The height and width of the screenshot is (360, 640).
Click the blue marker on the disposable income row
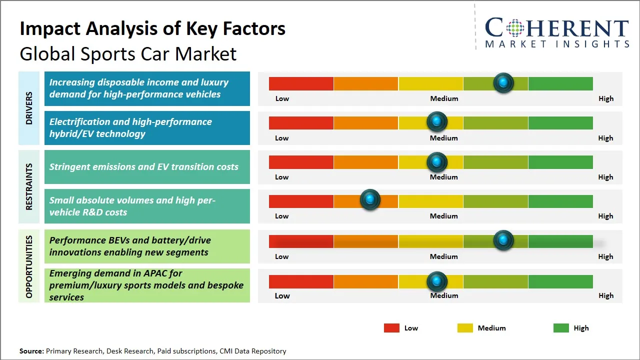coord(503,82)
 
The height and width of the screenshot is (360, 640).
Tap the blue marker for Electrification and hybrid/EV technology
coord(437,122)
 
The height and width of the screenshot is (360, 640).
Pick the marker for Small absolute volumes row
coord(370,200)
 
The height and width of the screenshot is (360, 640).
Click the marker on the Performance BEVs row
coord(503,240)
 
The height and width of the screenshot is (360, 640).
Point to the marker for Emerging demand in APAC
coord(437,281)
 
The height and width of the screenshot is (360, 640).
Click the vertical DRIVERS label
coord(29,108)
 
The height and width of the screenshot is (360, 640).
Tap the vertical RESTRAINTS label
coord(29,186)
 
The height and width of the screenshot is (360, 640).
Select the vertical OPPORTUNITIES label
coord(29,266)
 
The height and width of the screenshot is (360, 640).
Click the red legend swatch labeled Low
coord(391,328)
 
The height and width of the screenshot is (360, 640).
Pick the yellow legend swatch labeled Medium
coord(465,328)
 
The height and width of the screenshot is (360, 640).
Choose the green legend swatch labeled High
coord(561,328)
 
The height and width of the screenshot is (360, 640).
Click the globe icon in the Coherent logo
coord(515,28)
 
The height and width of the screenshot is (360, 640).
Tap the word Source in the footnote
coord(31,351)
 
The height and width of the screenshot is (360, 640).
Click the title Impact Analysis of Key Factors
coord(152,29)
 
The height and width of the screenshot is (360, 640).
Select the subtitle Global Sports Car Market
coord(128,54)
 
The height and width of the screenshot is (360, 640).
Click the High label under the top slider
coord(605,98)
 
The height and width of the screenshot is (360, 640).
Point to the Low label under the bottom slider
coord(282,295)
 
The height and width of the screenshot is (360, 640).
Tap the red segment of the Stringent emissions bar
coord(301,162)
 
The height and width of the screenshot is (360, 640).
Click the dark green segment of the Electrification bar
coord(560,122)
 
